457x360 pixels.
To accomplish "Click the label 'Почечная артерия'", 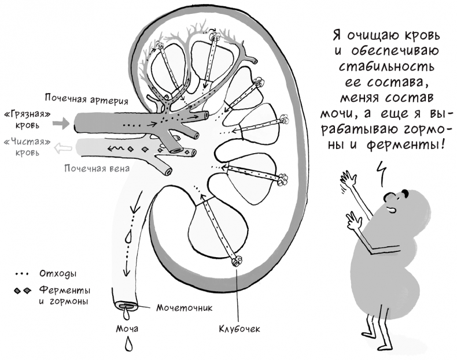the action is [x=87, y=99].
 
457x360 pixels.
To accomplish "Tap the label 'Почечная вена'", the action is [x=97, y=169].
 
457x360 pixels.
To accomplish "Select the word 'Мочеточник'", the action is [x=185, y=307].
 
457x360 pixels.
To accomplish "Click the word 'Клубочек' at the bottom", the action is [x=239, y=329].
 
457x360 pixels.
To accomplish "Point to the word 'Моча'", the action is [x=127, y=329].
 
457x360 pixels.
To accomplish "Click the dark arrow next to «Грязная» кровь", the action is [x=61, y=123].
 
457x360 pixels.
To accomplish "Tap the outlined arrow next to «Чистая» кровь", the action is [x=63, y=148].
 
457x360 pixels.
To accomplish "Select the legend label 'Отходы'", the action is [x=57, y=274].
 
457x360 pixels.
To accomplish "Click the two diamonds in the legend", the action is [x=23, y=291].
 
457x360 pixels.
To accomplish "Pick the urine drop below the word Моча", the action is [x=128, y=344].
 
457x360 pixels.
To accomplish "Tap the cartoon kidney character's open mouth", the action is [x=391, y=209].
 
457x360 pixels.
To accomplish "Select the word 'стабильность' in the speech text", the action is [x=386, y=66].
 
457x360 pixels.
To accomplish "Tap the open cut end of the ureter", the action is [x=126, y=306].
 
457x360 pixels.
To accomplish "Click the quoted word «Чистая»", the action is [x=27, y=142].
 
